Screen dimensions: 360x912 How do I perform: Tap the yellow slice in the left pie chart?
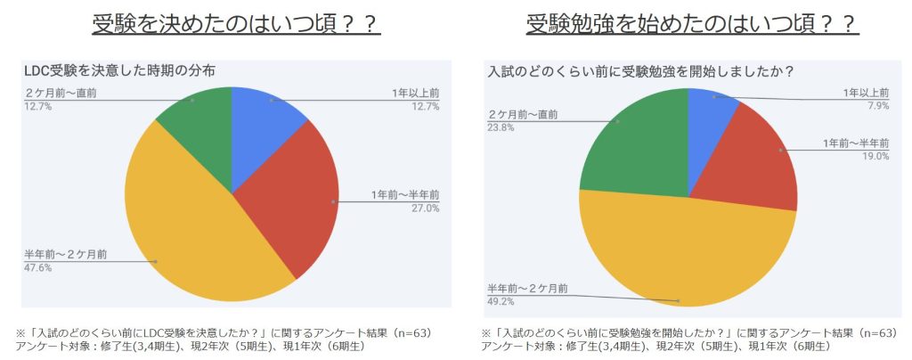[196, 241]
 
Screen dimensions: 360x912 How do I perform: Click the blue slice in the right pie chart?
[708, 116]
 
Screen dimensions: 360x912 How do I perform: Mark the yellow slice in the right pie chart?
[686, 258]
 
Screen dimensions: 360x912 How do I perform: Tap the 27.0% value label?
[426, 209]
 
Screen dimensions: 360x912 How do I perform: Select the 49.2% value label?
[500, 300]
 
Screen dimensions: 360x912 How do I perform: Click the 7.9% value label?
[877, 104]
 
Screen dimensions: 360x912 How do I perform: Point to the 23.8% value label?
[500, 127]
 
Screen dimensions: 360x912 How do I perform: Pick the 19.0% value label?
[875, 156]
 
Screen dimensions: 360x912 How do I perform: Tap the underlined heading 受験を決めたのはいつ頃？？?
[236, 23]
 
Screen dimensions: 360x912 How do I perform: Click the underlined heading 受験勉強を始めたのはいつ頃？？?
[692, 23]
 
